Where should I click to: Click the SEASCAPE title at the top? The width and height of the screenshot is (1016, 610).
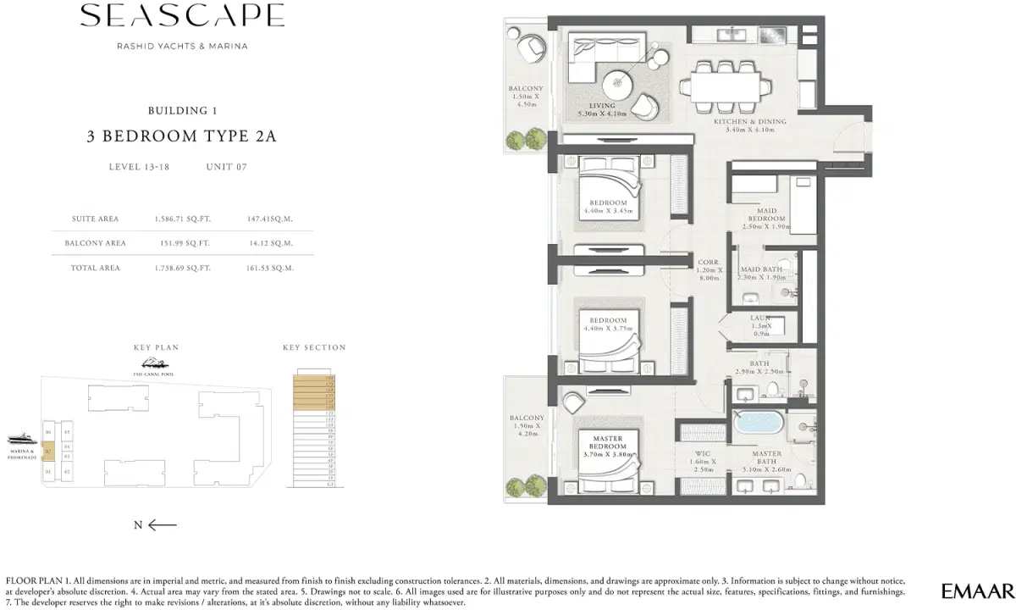pyautogui.click(x=182, y=17)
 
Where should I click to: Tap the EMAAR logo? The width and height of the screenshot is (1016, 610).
pyautogui.click(x=976, y=590)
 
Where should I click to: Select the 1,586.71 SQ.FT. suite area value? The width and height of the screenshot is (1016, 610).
pyautogui.click(x=182, y=219)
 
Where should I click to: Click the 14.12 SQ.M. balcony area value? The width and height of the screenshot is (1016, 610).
pyautogui.click(x=270, y=243)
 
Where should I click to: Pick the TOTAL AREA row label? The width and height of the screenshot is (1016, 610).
pyautogui.click(x=96, y=268)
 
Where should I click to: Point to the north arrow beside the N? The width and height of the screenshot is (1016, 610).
pyautogui.click(x=163, y=525)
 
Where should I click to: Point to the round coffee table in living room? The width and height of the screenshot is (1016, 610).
pyautogui.click(x=621, y=83)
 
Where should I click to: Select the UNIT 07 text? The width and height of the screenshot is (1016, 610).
pyautogui.click(x=226, y=167)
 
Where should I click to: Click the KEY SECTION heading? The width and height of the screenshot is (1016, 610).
pyautogui.click(x=314, y=347)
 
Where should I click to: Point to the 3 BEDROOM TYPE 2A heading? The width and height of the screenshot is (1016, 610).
pyautogui.click(x=182, y=136)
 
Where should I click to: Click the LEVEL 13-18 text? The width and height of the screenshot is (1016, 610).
pyautogui.click(x=139, y=167)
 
